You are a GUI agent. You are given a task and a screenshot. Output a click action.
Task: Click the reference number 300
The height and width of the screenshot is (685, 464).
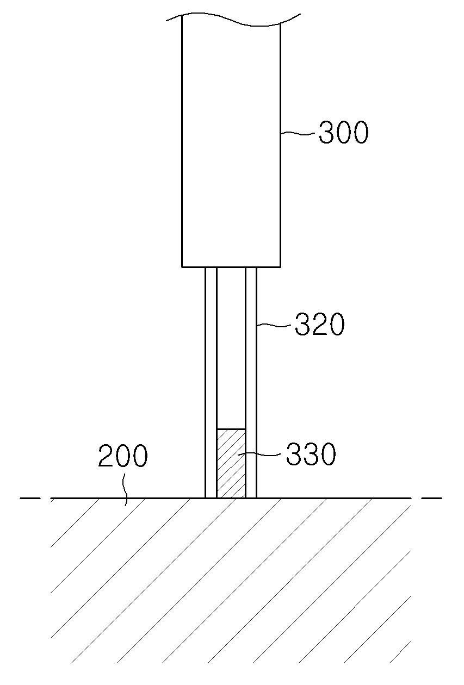tap(343, 133)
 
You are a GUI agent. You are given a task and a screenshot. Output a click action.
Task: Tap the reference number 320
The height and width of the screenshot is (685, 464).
tap(319, 324)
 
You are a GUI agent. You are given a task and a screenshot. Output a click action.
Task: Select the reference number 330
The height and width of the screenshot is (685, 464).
tap(311, 454)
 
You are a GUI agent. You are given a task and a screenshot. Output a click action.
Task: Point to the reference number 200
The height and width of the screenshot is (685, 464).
tap(123, 456)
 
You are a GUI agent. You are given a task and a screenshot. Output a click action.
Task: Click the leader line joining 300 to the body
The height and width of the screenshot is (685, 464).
tap(298, 133)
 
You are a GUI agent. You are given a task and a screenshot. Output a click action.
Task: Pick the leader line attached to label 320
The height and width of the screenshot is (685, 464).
tap(274, 326)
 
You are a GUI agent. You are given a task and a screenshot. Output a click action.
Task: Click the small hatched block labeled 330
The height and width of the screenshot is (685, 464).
tap(231, 463)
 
